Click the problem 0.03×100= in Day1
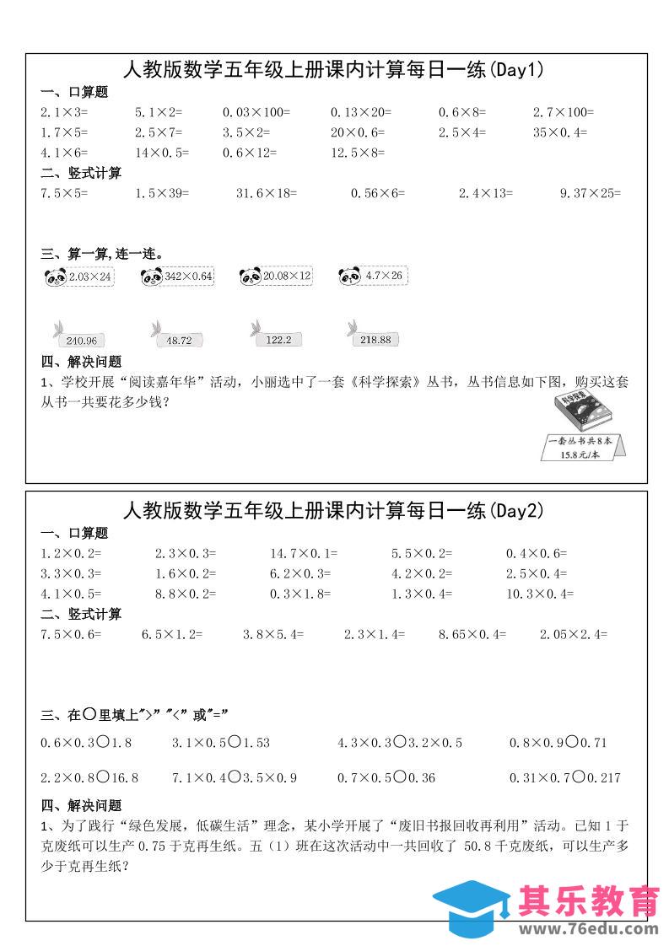click(256, 112)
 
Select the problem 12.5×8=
click(358, 153)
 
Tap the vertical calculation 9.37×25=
click(590, 193)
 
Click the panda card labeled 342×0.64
click(178, 277)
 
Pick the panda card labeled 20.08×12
click(276, 277)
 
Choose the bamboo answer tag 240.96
click(79, 339)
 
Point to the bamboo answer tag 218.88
click(373, 339)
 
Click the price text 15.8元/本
click(580, 455)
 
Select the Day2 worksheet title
click(334, 510)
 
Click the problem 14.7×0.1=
click(304, 554)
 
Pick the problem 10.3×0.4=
click(539, 594)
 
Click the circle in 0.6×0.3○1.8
click(102, 743)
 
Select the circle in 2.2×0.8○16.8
click(102, 777)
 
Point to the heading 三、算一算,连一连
click(102, 253)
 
